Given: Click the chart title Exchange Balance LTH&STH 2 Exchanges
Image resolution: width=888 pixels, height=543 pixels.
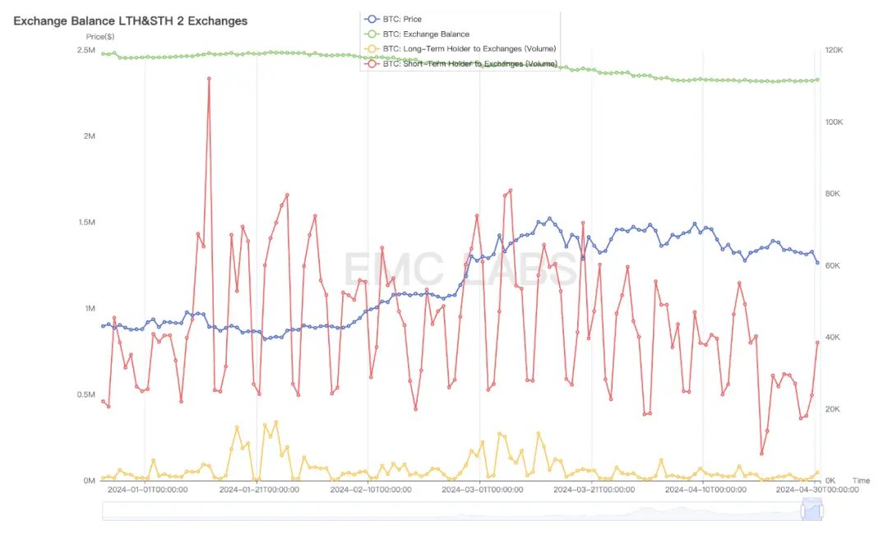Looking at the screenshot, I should click(130, 21).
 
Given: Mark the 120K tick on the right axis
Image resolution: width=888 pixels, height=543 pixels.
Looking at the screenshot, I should click(834, 51).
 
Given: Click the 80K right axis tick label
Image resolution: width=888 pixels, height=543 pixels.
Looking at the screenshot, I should click(831, 194).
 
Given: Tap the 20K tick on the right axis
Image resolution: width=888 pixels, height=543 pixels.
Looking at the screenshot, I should click(831, 409).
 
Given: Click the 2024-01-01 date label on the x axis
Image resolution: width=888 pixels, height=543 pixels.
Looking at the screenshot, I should click(147, 490).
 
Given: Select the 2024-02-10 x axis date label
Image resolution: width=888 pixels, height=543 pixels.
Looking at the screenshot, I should click(370, 490).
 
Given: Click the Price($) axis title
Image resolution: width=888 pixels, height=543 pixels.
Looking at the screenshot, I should click(100, 37).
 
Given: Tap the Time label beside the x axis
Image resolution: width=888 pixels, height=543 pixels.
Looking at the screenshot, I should click(860, 481).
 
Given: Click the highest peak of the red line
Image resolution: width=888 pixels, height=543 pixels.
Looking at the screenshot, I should click(209, 79).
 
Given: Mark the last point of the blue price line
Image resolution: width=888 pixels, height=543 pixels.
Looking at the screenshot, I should click(817, 263).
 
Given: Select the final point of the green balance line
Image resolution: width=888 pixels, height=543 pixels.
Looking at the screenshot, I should click(817, 80).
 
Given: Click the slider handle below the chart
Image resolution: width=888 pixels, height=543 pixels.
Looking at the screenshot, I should click(812, 511).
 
